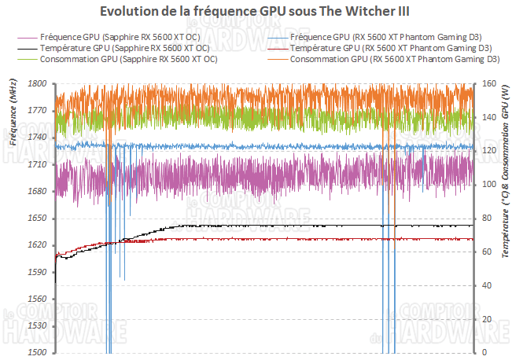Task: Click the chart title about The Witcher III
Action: (x=256, y=12)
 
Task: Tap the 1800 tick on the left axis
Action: (x=37, y=84)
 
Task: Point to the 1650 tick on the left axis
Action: (x=37, y=219)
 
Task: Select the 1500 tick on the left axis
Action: (x=37, y=353)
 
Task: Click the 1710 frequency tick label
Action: (x=37, y=165)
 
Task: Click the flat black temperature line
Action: (x=315, y=226)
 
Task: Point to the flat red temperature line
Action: (x=315, y=239)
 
